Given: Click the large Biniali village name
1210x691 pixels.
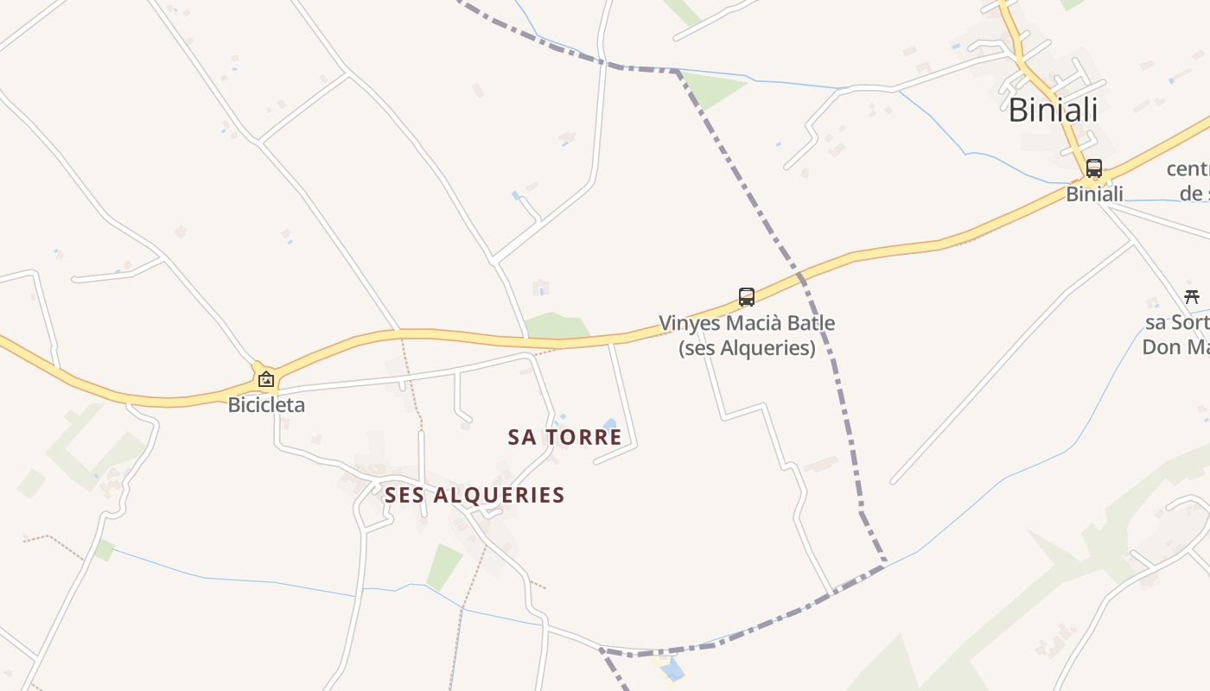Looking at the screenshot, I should coord(1053,111).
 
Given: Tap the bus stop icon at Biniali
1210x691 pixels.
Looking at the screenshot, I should coord(1094,168).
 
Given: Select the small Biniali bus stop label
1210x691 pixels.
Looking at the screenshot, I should coord(1094,194).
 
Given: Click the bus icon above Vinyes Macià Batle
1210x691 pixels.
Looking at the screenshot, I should coord(747,297).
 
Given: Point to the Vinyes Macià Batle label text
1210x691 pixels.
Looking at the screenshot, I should coord(747,324).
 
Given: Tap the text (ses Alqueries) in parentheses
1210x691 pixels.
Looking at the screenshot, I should coord(747,348).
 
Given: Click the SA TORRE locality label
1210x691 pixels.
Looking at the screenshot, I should coord(565,437).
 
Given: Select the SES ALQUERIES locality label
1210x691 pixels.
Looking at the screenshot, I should coord(474,495).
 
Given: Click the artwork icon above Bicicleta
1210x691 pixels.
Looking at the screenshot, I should coord(266,379).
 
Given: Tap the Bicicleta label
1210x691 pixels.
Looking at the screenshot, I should coord(266,404).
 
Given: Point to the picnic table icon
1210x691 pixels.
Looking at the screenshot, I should coord(1192,297).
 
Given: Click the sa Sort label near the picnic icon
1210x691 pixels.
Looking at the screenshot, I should coord(1176,323).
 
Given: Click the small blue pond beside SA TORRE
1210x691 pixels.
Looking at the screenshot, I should coord(610,425).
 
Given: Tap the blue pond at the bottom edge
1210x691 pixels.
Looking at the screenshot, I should coord(672,669).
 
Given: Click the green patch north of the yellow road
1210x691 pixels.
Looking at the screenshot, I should coord(555,326).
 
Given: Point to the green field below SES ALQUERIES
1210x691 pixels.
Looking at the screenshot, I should coord(444,566).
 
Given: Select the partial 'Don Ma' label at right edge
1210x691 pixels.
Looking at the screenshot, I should coord(1175,347).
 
